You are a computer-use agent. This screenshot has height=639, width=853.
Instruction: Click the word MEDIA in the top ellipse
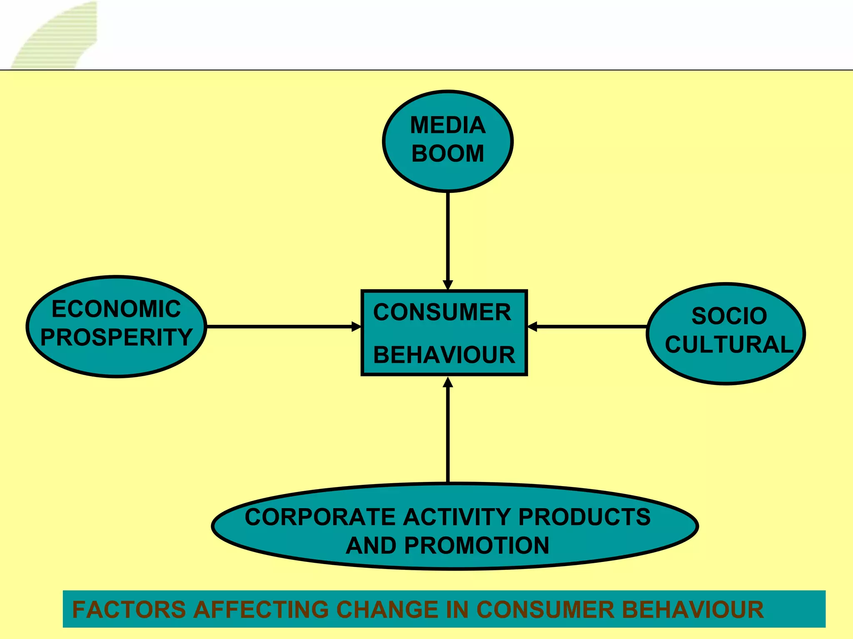coord(448,125)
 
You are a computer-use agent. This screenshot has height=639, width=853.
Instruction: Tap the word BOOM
coord(448,153)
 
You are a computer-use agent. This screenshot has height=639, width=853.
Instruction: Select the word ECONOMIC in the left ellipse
coord(116,309)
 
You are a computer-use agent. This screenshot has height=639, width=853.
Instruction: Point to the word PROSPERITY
coord(116,337)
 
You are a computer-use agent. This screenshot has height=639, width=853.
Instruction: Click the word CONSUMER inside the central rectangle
coord(442,312)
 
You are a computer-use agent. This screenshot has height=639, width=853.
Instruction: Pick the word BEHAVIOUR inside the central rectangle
coord(444,355)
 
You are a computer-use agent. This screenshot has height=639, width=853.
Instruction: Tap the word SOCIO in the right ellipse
coord(729,316)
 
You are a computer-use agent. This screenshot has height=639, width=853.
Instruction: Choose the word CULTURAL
coord(729,344)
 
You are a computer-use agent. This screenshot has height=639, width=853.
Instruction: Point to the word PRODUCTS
coord(584,517)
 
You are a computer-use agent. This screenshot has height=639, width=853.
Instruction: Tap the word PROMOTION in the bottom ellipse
coord(476,545)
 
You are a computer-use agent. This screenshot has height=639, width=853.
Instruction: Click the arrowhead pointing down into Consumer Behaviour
coord(448,285)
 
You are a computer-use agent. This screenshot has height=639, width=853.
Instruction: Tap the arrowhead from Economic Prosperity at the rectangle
coord(356,327)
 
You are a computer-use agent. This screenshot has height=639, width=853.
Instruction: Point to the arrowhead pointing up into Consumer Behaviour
coord(448,382)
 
